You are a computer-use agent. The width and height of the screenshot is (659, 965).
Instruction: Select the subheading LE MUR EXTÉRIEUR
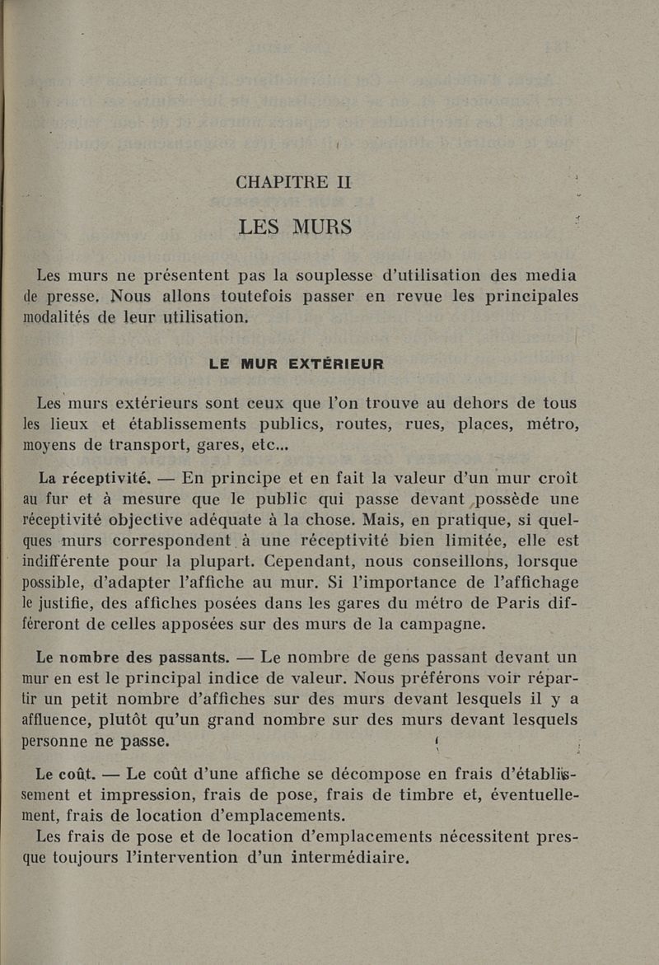point(296,363)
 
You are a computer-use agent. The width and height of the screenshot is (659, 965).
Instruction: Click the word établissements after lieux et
point(183,424)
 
